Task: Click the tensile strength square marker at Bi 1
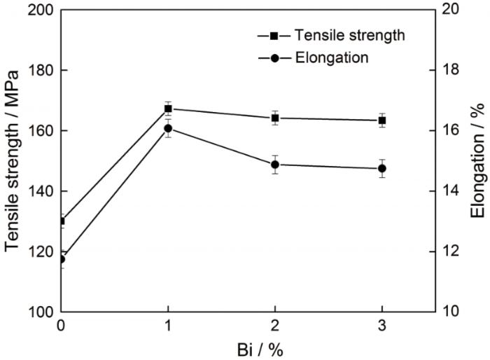click(x=168, y=109)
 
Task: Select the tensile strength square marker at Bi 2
click(x=275, y=118)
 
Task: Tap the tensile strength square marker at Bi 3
click(x=382, y=120)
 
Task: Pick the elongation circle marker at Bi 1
click(x=168, y=128)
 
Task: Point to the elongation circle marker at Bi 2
click(x=275, y=165)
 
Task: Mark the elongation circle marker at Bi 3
click(x=382, y=169)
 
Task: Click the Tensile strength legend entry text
click(x=349, y=35)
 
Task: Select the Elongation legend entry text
click(x=331, y=58)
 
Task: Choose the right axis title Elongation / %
click(x=477, y=161)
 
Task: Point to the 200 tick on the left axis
click(x=41, y=10)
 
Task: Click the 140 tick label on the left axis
click(x=41, y=191)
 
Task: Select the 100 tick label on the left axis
click(x=41, y=312)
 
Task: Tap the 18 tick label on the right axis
click(x=449, y=70)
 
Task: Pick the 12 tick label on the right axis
click(x=449, y=251)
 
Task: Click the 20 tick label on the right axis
click(x=449, y=10)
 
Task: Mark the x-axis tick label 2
click(x=275, y=326)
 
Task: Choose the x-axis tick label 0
click(x=62, y=326)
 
